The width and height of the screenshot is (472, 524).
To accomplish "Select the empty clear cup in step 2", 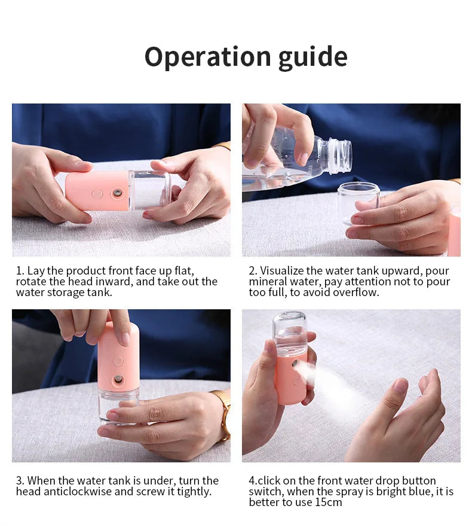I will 358,201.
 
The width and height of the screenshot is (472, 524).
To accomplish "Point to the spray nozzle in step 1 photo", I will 117,193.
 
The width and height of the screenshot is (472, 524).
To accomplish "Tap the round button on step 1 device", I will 97,194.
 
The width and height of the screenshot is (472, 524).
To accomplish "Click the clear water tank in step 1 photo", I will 149,190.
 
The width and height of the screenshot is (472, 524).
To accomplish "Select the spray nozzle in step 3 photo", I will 118,379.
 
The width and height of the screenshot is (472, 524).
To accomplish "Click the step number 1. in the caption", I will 20,271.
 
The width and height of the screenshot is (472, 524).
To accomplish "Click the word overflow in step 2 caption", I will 358,293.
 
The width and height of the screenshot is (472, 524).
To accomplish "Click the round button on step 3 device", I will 118,361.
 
